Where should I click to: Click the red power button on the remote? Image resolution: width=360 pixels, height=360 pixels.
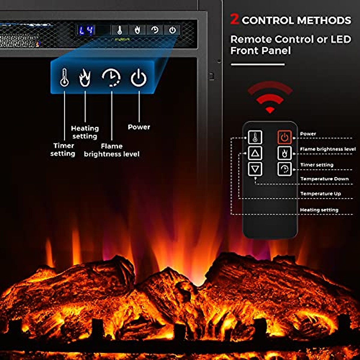pyautogui.click(x=284, y=137)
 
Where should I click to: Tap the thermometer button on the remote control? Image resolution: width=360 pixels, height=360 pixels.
pyautogui.click(x=255, y=137)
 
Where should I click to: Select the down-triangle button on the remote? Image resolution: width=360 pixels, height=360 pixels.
pyautogui.click(x=255, y=169)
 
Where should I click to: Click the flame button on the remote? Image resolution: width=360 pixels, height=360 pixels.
pyautogui.click(x=284, y=153)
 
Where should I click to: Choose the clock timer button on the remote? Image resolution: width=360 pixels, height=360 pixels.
pyautogui.click(x=284, y=169)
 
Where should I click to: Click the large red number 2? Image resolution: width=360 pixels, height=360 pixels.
pyautogui.click(x=235, y=19)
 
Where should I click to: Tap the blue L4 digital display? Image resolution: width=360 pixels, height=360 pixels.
pyautogui.click(x=86, y=30)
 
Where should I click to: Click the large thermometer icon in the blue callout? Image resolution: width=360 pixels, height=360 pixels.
pyautogui.click(x=64, y=77)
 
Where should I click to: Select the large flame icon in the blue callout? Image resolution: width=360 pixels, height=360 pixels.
pyautogui.click(x=85, y=77)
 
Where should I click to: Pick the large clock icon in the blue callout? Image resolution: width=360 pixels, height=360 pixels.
pyautogui.click(x=111, y=77)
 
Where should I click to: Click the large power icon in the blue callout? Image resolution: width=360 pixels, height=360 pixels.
pyautogui.click(x=139, y=77)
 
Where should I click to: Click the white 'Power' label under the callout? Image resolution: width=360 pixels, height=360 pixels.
pyautogui.click(x=139, y=127)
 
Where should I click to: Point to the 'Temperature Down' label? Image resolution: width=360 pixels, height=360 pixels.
pyautogui.click(x=324, y=179)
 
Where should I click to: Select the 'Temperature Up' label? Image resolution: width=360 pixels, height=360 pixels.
pyautogui.click(x=321, y=194)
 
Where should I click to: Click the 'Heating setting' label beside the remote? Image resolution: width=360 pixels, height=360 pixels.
pyautogui.click(x=319, y=210)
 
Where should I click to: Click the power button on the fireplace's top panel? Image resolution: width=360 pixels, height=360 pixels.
pyautogui.click(x=172, y=30)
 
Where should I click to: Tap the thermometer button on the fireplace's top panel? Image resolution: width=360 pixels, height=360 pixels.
pyautogui.click(x=119, y=30)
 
